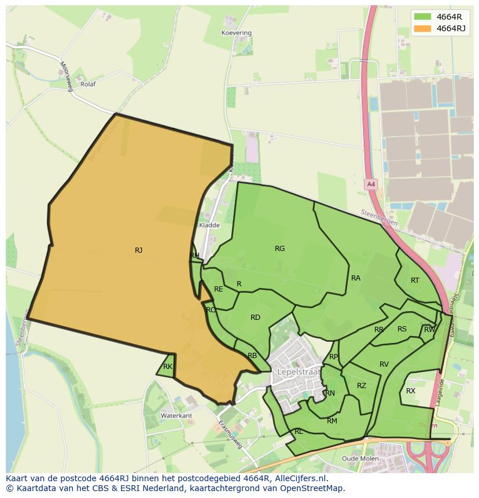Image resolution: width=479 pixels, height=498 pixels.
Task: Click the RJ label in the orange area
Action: point(139,250)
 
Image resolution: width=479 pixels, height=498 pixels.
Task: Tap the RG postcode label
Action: point(280,249)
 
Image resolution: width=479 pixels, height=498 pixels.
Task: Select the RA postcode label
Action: point(356,278)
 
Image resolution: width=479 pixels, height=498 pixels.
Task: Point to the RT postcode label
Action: point(415,281)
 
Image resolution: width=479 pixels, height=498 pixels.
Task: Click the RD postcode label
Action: point(255,318)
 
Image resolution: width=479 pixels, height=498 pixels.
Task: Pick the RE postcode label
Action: point(219,289)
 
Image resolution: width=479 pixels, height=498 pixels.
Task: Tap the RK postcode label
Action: point(168,367)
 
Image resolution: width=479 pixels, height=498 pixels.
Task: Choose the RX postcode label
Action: point(411,391)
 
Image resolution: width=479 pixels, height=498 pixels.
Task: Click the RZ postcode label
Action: point(362,386)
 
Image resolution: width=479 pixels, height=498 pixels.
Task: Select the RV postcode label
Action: point(384,364)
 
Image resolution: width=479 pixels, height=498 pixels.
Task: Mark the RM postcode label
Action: point(332,421)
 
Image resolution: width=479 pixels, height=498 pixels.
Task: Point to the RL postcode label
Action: point(299,431)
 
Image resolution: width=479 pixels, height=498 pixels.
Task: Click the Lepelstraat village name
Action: point(299,371)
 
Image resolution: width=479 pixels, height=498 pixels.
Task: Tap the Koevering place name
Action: point(237,33)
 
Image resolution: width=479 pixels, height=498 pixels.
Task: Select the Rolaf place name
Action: point(88,84)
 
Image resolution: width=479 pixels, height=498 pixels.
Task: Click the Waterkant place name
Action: point(176,416)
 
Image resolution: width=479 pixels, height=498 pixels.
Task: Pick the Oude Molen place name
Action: point(360,459)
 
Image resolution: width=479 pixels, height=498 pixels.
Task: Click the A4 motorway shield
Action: point(371,185)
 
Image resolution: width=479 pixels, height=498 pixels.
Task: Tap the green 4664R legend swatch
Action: point(423,17)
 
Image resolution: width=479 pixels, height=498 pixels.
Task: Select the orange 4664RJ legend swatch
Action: point(423,28)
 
